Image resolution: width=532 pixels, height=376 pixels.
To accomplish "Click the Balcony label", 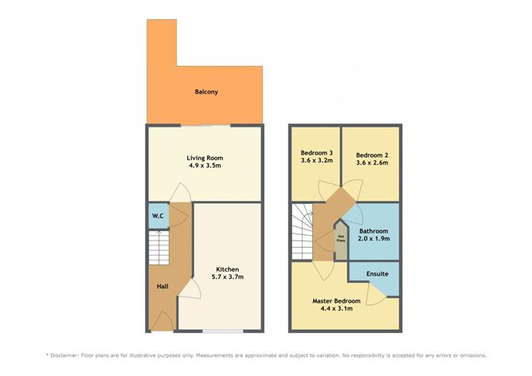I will [x=206, y=92].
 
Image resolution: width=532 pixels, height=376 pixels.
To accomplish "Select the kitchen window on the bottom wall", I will [x=222, y=331].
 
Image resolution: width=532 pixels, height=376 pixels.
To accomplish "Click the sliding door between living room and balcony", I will [x=205, y=125].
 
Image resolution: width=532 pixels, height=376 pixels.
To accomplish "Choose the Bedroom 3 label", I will [x=316, y=153].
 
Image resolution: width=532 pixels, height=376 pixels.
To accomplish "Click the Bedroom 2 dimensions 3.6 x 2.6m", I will [x=371, y=162].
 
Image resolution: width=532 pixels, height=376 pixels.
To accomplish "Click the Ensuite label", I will [x=377, y=274].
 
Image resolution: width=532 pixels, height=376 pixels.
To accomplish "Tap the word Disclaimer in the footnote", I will [x=73, y=355].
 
